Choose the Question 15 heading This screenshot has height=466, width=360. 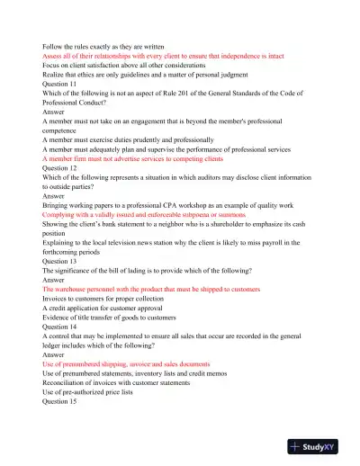tap(60, 401)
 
